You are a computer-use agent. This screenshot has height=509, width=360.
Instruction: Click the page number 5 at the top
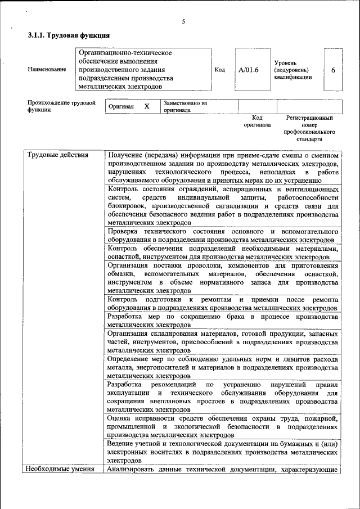pyautogui.click(x=183, y=22)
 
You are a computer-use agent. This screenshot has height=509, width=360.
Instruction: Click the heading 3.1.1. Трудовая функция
pyautogui.click(x=65, y=35)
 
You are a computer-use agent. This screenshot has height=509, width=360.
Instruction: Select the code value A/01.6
pyautogui.click(x=247, y=70)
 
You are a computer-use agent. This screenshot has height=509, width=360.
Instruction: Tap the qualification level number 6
pyautogui.click(x=333, y=70)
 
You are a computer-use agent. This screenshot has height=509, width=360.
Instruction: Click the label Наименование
pyautogui.click(x=47, y=70)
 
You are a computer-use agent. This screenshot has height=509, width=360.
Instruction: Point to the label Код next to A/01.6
pyautogui.click(x=220, y=70)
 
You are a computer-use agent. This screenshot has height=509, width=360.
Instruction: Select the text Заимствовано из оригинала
pyautogui.click(x=186, y=107)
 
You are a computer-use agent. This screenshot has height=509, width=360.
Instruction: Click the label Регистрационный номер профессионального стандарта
pyautogui.click(x=309, y=128)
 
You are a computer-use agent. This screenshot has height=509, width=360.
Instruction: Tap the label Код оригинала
pyautogui.click(x=257, y=121)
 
